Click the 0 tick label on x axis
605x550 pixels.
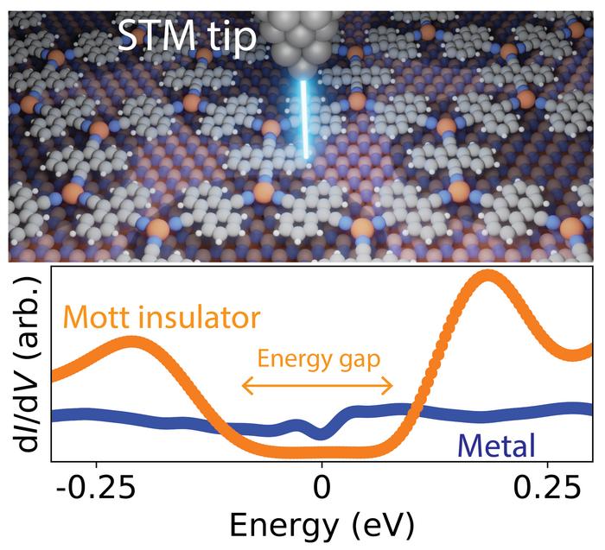(x=322, y=486)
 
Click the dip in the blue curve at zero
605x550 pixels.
(x=322, y=433)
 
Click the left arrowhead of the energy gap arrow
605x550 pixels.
(x=245, y=386)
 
